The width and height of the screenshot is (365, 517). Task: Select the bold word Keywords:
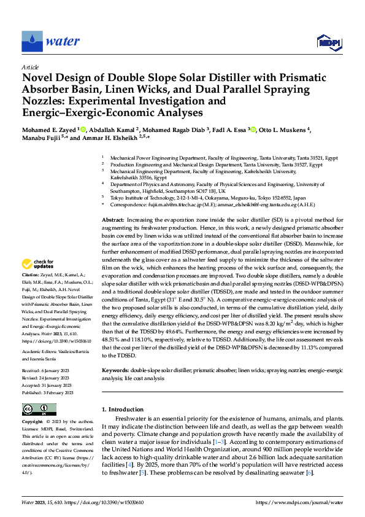[x=115, y=371]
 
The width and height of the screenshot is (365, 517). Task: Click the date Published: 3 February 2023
[x=48, y=392]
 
